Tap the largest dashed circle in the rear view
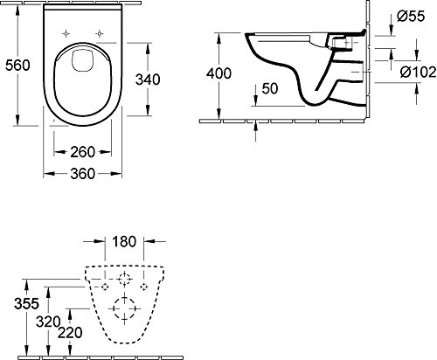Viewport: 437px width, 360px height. [124, 309]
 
